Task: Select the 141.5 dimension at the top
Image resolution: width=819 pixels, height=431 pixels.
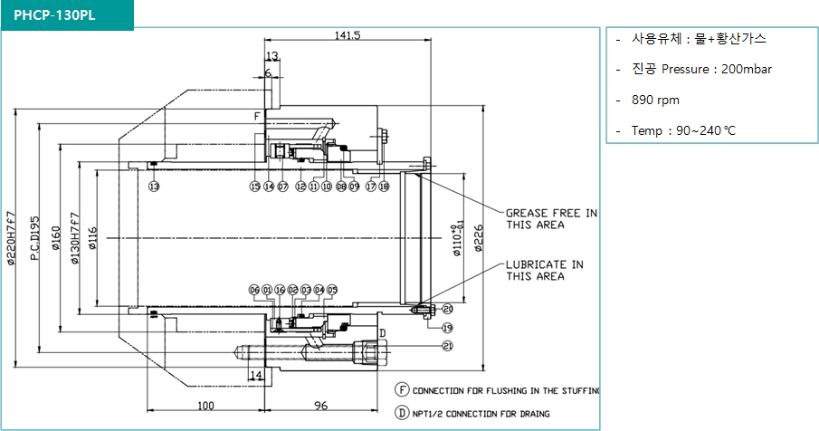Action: tap(348, 36)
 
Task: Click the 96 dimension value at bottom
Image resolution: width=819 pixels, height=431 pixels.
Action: tap(320, 406)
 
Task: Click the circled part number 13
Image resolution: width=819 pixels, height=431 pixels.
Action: tap(154, 187)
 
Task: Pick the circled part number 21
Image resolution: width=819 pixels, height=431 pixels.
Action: tap(447, 346)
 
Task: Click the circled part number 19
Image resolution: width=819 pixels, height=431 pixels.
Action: tap(447, 327)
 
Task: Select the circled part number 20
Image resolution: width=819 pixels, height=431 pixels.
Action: tap(447, 309)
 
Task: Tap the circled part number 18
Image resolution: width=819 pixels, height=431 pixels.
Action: tap(384, 187)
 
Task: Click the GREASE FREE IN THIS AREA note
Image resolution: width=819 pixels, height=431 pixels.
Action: tap(551, 218)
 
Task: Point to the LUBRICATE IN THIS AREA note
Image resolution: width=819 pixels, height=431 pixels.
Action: tap(545, 270)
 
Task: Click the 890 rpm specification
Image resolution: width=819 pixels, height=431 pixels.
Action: tap(657, 100)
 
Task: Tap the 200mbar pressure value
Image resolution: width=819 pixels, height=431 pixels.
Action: tap(747, 69)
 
